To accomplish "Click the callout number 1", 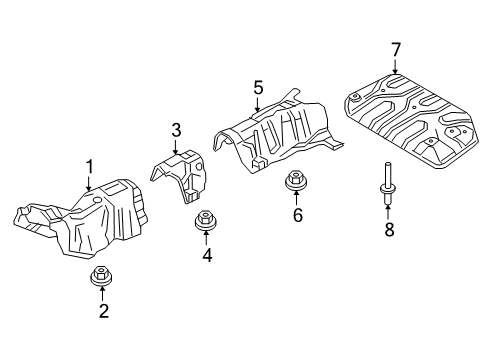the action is [89, 167].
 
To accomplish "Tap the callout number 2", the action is [104, 311].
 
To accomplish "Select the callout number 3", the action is [176, 130].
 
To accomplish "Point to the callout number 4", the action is [207, 255].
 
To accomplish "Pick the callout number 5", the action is [258, 88].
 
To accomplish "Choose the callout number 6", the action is [298, 215].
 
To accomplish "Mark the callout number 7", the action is [395, 50].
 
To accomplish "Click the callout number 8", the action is [389, 229].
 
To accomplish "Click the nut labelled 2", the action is [101, 276].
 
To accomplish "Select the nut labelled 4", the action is [205, 220].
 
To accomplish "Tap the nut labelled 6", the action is [296, 180].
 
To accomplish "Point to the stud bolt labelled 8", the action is [388, 182].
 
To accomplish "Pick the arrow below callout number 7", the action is [395, 67].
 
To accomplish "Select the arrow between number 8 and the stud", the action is [388, 212].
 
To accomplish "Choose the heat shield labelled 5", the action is [277, 133].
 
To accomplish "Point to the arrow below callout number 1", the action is [88, 183].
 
